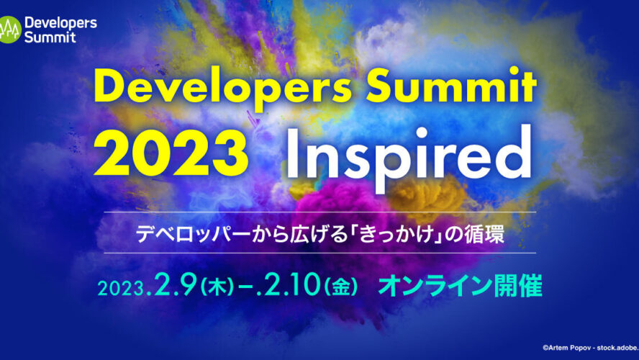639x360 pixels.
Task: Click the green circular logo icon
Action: coord(9,30)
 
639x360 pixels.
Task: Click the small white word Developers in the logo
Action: coord(60,24)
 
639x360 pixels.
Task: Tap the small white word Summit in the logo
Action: coord(50,37)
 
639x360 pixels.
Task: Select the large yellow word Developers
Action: coord(222,89)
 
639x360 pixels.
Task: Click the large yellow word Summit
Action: coord(450,86)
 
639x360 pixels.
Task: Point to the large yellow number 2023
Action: coord(171,153)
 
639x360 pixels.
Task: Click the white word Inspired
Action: coord(409,156)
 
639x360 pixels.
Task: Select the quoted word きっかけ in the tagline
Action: coord(396,235)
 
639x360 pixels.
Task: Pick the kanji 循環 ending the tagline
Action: coord(485,235)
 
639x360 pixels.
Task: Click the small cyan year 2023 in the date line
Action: coord(121,289)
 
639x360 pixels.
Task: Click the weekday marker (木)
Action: coord(217,287)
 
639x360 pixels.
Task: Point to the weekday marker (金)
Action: coord(340,287)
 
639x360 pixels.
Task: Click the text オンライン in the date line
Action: coord(435,286)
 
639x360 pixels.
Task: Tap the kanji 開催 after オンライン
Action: coord(518,286)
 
